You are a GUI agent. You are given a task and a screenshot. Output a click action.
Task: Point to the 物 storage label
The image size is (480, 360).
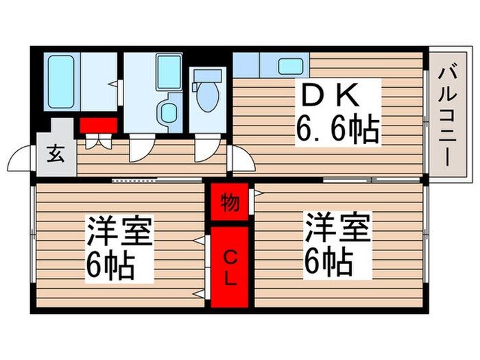tap(230, 203)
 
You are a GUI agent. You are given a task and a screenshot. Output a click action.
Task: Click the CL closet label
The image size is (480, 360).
tap(230, 268)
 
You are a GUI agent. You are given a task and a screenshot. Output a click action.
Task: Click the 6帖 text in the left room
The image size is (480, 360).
tap(110, 264)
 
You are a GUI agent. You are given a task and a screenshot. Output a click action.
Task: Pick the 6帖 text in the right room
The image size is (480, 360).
tap(329, 261)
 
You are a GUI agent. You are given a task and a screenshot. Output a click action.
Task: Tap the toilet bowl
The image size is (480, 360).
tap(205, 96)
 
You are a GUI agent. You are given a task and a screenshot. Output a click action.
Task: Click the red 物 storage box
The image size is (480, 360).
tap(230, 203)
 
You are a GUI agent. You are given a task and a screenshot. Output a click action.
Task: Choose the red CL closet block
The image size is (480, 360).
tap(230, 268)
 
